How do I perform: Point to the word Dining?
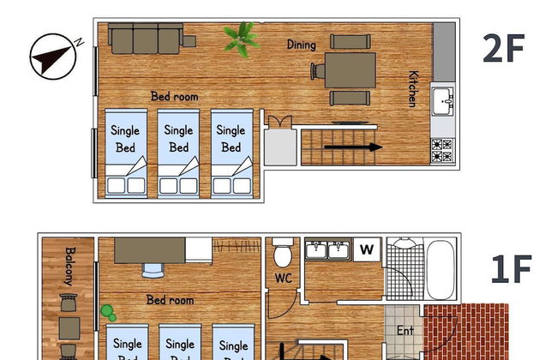301,45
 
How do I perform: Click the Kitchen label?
413,88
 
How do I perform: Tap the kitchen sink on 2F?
443,101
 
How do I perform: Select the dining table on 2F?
350,69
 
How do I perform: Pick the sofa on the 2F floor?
146,37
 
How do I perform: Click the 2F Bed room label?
174,97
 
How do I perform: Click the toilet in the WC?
283,255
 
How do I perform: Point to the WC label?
283,279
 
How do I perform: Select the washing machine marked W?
367,249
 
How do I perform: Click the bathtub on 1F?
441,268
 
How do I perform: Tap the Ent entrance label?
405,329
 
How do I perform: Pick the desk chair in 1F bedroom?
153,270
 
